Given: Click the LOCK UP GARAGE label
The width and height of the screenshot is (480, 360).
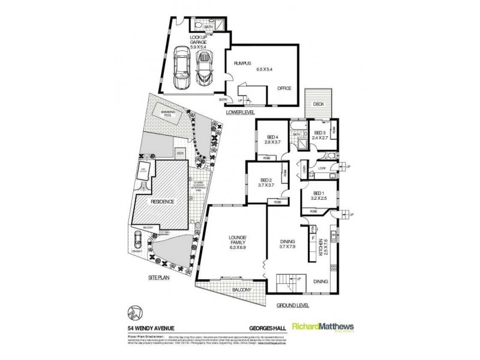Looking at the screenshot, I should coord(197,40).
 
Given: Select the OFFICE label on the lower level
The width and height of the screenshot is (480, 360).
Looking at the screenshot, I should coord(284,88).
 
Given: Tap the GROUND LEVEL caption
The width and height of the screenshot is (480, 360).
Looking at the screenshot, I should coord(292,306).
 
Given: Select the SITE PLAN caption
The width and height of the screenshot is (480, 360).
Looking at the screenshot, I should coord(160,278).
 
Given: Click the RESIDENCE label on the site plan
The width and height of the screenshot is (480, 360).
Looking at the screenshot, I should coord(162,202).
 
